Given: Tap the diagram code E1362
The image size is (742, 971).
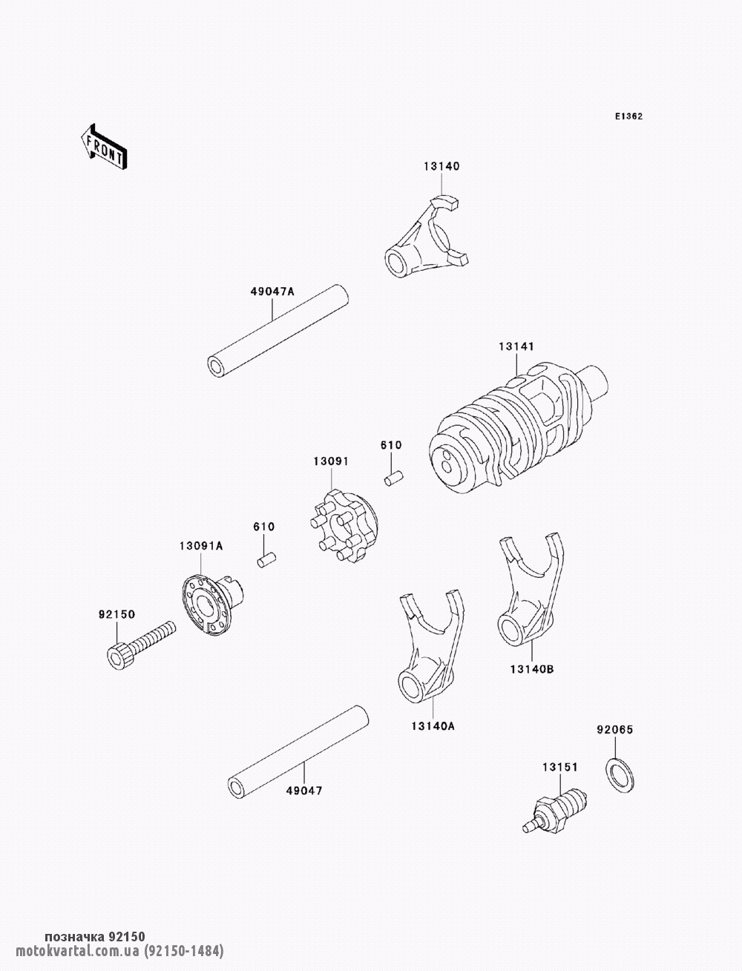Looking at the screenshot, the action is pyautogui.click(x=628, y=116).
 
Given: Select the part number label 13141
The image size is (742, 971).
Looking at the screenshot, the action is pyautogui.click(x=516, y=346).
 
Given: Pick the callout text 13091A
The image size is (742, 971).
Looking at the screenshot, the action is pyautogui.click(x=201, y=546).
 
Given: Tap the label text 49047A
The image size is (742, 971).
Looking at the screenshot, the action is pyautogui.click(x=272, y=292).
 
